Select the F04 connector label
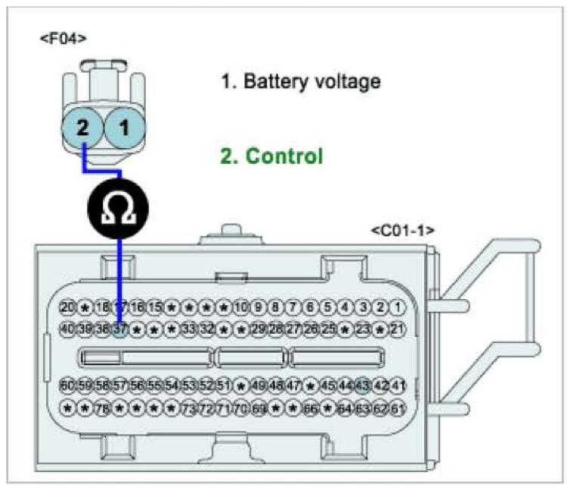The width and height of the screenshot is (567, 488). coord(63,38)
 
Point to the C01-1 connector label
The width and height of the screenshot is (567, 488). coord(402,230)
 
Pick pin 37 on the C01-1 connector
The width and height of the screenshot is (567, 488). coord(119,329)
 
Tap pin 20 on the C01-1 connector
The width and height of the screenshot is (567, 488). coord(67,307)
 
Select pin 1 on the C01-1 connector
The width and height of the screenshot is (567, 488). coord(398,307)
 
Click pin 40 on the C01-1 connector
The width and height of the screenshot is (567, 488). coord(67,329)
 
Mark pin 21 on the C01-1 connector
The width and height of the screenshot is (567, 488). coord(398,329)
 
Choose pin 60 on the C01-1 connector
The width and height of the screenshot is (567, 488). coord(67,386)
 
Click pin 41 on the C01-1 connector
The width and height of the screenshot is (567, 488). coord(398,386)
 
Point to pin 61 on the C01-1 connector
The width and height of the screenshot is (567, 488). coord(398,409)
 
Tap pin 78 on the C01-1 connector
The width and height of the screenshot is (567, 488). coord(102,409)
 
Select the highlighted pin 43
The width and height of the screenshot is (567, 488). coord(363,386)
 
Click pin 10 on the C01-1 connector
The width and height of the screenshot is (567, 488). coord(241,307)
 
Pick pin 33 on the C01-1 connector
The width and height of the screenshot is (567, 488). coord(189,329)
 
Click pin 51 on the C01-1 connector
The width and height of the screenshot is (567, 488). coord(224,386)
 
